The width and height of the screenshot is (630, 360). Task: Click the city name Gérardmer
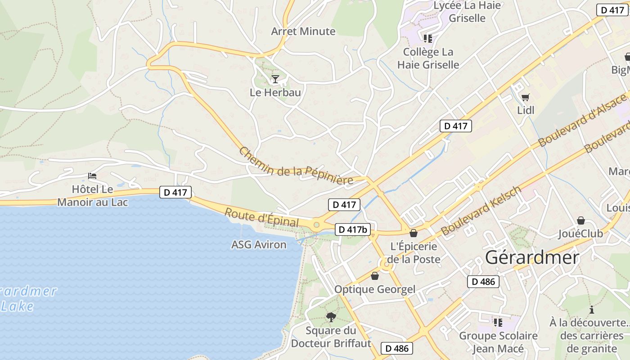tap(532, 257)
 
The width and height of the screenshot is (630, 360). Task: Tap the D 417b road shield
tap(353, 229)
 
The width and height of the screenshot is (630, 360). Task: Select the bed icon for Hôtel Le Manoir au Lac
tap(92, 175)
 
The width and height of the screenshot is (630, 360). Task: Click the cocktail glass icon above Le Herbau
tap(275, 79)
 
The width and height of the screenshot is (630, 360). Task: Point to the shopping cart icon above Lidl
tap(525, 97)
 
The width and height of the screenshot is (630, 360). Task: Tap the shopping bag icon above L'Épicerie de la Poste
tap(413, 233)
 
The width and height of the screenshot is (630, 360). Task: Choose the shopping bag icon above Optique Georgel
tap(374, 276)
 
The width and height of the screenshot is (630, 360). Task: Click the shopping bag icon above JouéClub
tap(581, 220)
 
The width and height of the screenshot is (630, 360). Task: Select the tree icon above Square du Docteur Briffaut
tap(331, 317)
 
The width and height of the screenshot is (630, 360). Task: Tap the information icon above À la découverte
tap(591, 310)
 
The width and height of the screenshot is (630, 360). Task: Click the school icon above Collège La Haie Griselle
tap(427, 39)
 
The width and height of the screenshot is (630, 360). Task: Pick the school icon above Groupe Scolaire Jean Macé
tap(498, 322)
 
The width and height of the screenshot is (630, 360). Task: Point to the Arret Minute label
tap(303, 31)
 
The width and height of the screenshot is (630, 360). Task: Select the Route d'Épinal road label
tap(261, 218)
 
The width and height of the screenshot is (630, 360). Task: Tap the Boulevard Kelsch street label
tap(481, 211)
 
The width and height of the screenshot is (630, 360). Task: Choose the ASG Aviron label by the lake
tap(258, 244)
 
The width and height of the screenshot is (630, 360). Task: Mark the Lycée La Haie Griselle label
tap(467, 12)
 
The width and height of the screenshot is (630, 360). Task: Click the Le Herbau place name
tap(275, 92)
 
